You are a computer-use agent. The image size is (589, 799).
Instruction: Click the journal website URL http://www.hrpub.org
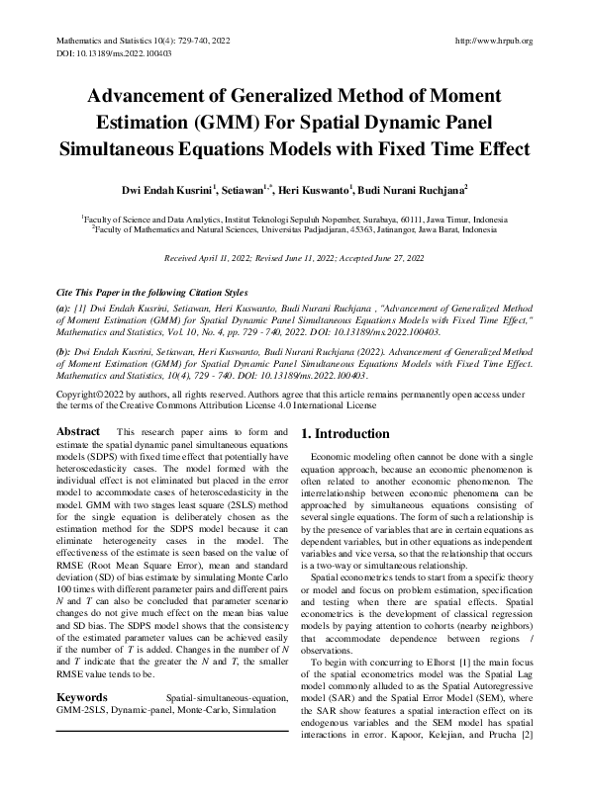pos(492,41)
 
